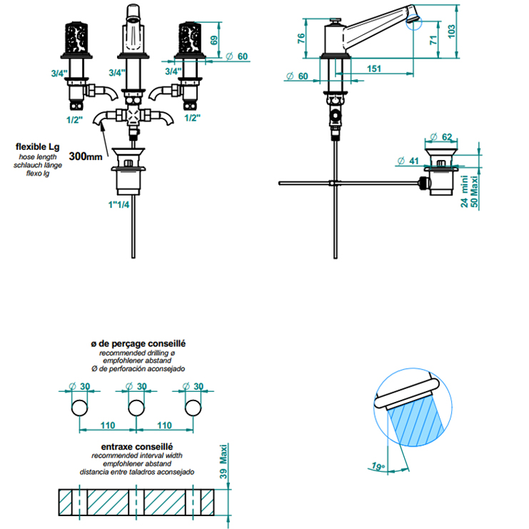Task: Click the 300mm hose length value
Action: click(86, 156)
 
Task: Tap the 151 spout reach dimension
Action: click(374, 69)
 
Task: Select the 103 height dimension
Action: click(451, 31)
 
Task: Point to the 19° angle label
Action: click(378, 466)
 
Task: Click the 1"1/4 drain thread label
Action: click(119, 204)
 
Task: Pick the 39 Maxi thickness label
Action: click(223, 461)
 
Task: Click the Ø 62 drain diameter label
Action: click(441, 136)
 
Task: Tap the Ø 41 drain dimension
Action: click(408, 161)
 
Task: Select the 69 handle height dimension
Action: click(214, 40)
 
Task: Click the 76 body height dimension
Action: click(301, 38)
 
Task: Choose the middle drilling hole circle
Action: click(136, 408)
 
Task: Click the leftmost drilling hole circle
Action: click(80, 408)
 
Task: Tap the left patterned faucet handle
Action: click(76, 37)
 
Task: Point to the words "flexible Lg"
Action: click(37, 147)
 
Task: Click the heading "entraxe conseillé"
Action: click(137, 447)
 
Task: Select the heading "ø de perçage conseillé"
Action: click(138, 343)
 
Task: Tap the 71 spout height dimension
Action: click(433, 40)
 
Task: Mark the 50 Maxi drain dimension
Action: click(474, 191)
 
